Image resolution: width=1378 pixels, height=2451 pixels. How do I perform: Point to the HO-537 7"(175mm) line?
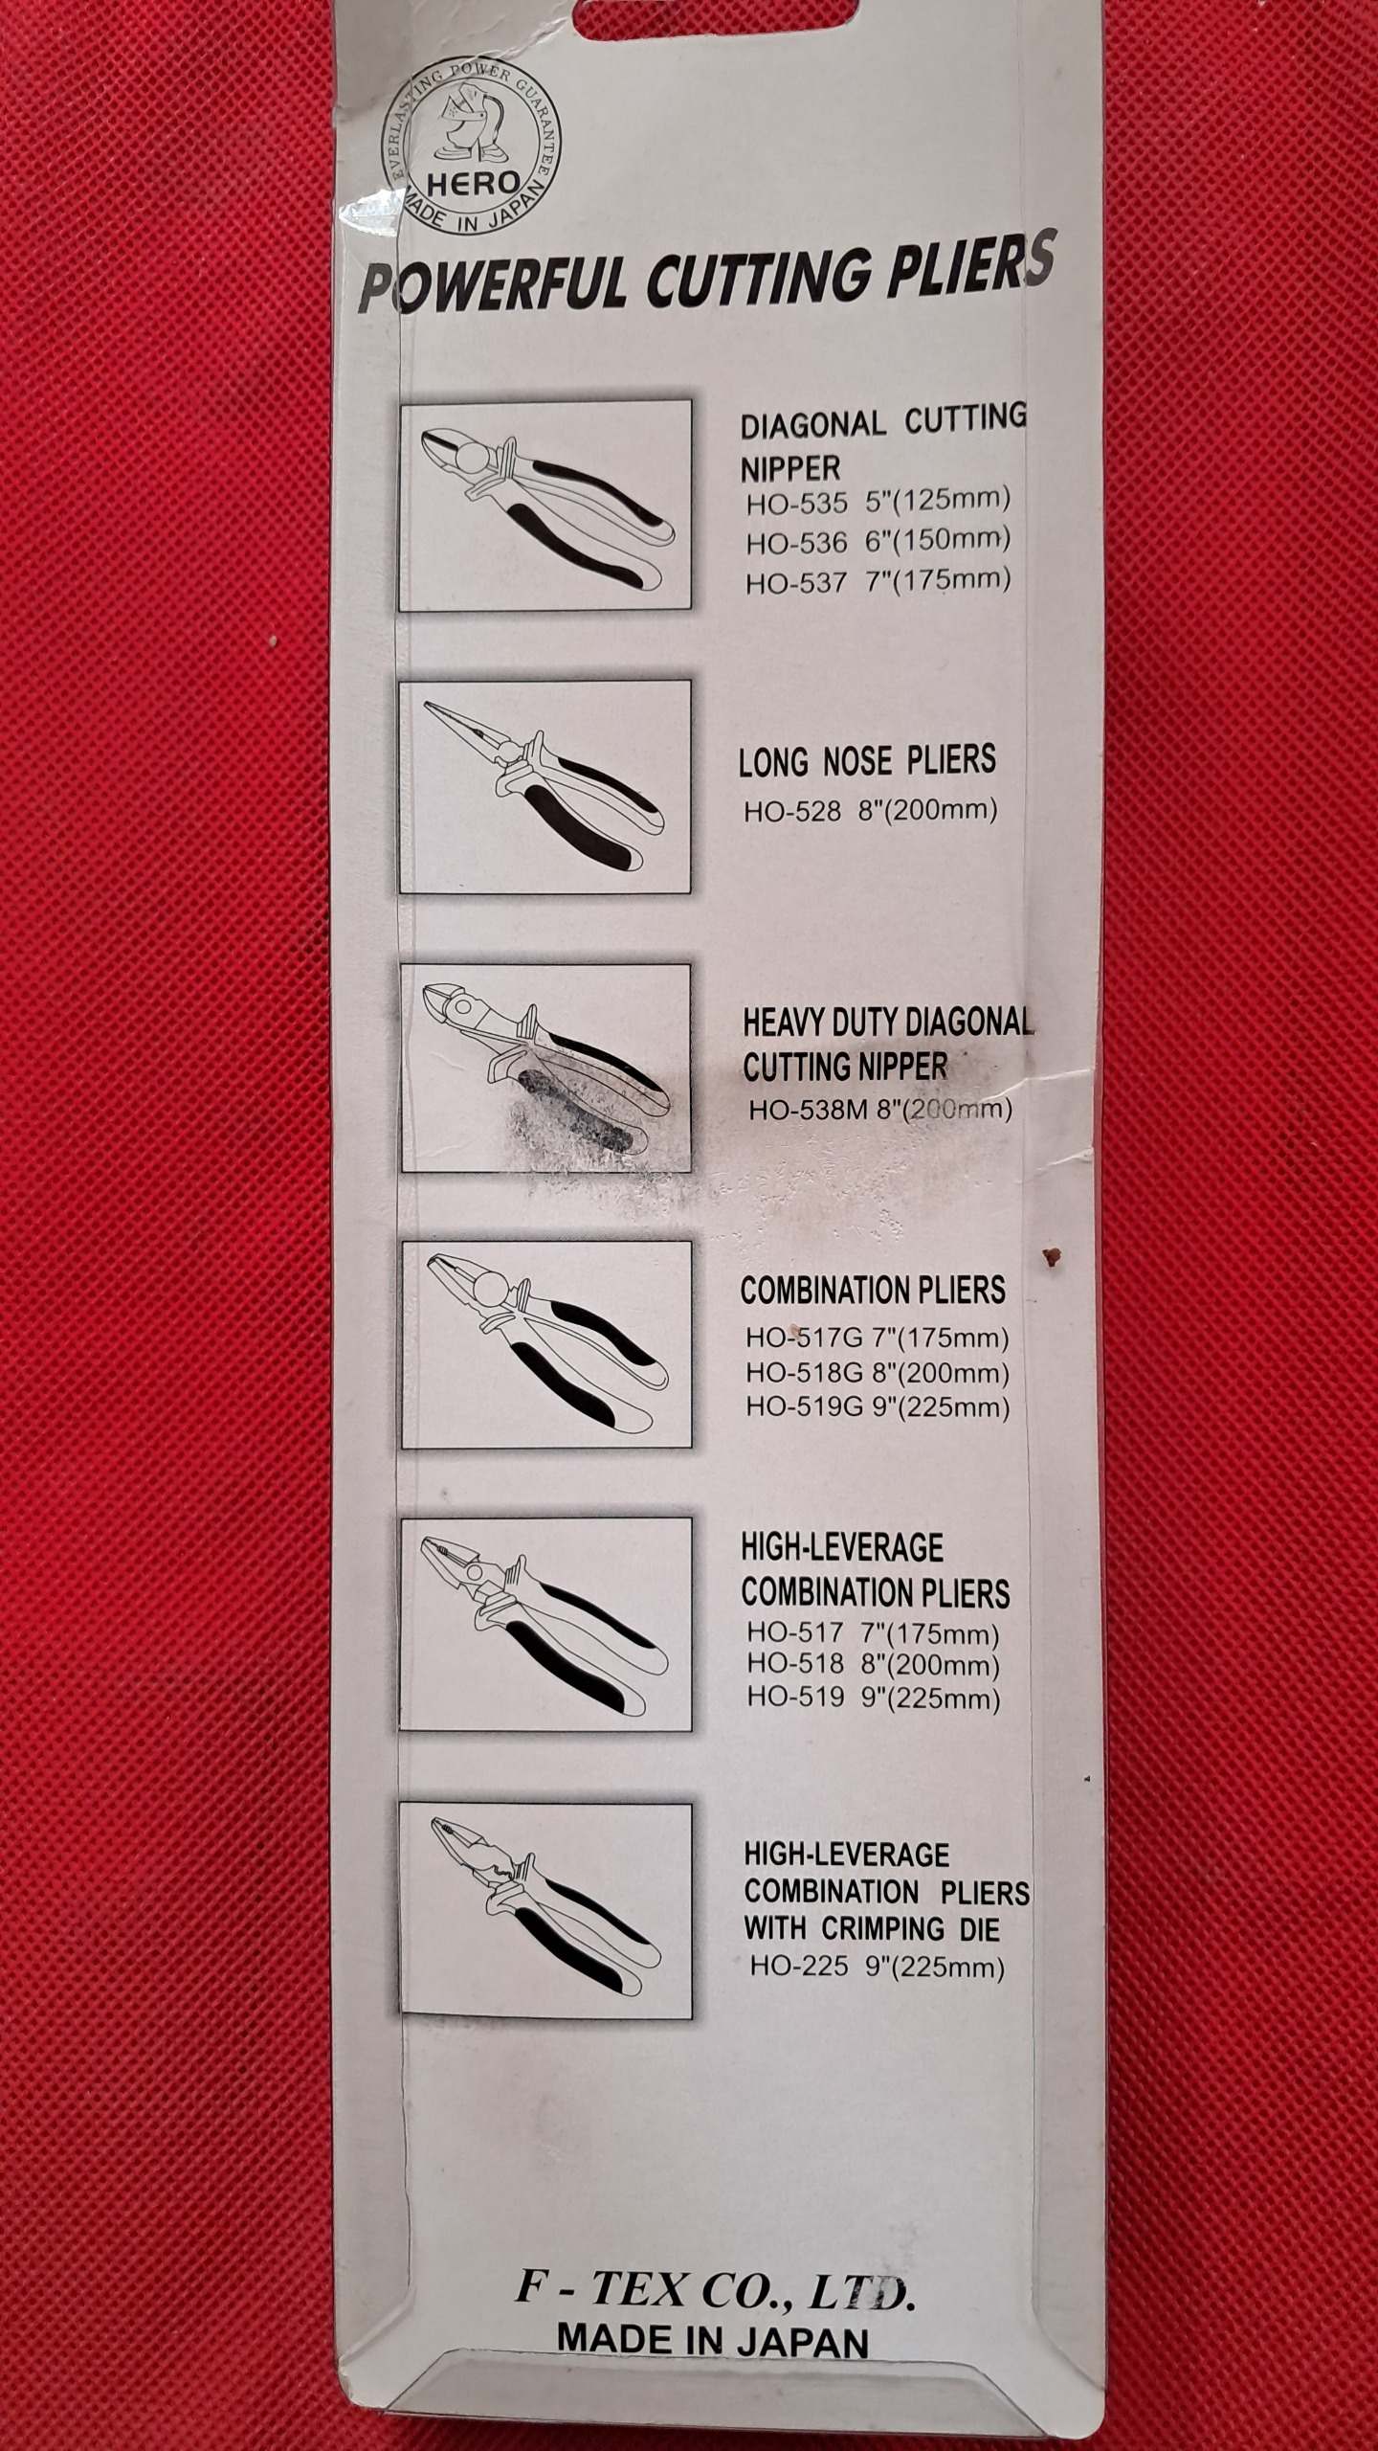click(878, 580)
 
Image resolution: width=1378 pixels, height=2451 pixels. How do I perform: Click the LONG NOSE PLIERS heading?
click(867, 761)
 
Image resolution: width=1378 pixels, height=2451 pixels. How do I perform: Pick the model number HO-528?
click(792, 811)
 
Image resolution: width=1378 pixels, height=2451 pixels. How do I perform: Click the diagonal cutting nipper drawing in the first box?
click(546, 506)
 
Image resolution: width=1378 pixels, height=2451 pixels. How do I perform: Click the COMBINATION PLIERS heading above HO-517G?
click(873, 1291)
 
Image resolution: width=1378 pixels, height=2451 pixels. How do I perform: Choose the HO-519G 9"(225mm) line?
click(878, 1407)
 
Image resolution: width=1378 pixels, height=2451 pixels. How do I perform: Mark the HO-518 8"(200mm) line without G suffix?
click(873, 1665)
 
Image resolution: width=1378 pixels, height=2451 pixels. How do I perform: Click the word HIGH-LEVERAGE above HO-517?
click(842, 1548)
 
